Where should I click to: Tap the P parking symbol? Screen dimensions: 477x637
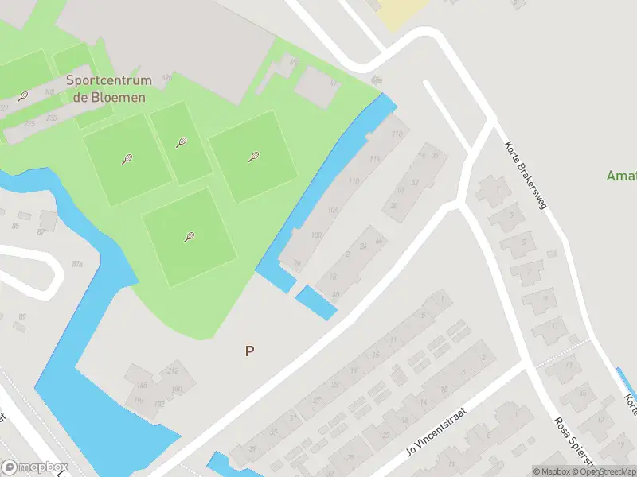250,351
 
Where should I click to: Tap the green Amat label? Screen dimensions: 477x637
621,176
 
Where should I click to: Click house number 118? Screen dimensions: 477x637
397,134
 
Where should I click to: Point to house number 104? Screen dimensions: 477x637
333,210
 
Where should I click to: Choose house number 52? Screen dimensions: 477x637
414,182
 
